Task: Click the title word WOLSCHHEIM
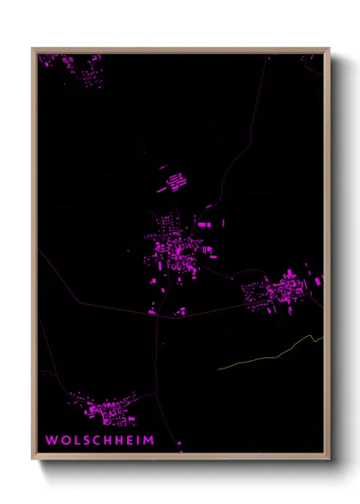tap(100, 441)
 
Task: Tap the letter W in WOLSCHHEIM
tap(51, 441)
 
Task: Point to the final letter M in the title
tap(150, 441)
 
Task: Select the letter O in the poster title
tap(63, 441)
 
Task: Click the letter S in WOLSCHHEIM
tap(86, 441)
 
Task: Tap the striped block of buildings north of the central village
tap(177, 183)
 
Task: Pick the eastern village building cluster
tap(279, 291)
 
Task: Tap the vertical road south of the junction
tap(159, 360)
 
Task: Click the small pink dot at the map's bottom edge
tap(179, 444)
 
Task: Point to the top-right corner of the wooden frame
tap(329, 49)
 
